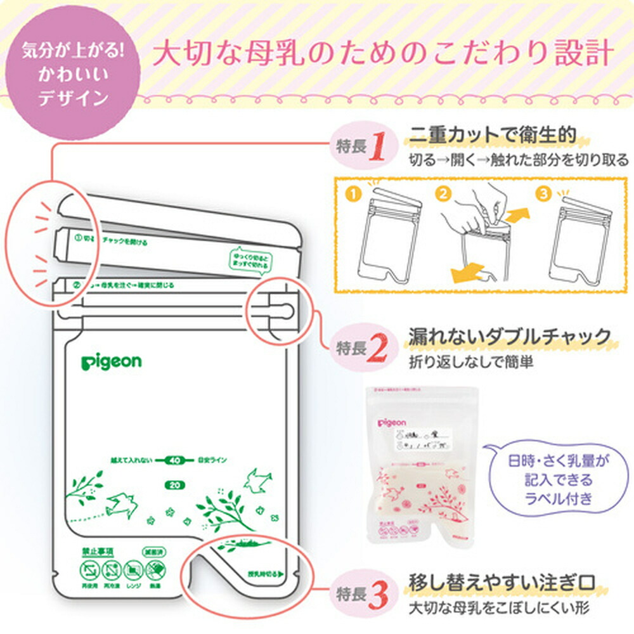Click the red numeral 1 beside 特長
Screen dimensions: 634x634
pos(378,146)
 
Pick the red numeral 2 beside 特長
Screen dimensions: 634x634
pos(378,347)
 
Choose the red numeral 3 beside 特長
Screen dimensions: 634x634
pos(378,595)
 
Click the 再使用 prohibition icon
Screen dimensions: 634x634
pos(87,571)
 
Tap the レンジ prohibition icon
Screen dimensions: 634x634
pos(133,571)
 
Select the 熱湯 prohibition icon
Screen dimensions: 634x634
pos(155,571)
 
